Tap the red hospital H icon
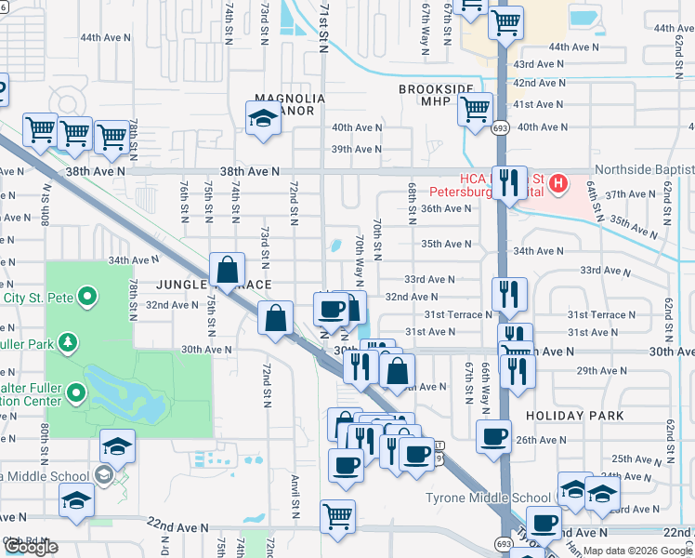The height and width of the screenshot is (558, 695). click(557, 183)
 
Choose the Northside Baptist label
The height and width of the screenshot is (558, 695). click(643, 169)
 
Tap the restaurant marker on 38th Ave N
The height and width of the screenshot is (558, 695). click(508, 183)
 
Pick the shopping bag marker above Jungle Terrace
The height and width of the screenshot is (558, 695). click(228, 271)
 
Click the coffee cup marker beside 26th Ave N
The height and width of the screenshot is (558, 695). click(493, 435)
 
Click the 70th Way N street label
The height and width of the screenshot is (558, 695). click(360, 259)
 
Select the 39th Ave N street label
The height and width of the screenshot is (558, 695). click(357, 149)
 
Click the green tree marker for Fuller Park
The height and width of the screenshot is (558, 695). click(67, 343)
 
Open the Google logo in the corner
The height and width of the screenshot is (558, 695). click(30, 547)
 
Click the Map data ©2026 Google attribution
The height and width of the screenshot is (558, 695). click(636, 551)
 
